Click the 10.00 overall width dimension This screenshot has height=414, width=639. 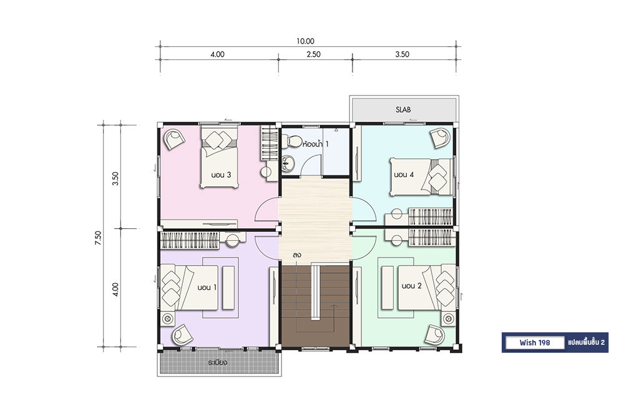[305, 41]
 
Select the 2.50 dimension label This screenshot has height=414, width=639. [313, 54]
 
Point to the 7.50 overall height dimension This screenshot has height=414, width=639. [98, 238]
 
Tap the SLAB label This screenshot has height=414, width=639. [403, 110]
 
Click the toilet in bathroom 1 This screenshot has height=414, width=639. [291, 141]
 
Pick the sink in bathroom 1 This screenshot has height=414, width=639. [287, 163]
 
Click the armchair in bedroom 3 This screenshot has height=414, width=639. [174, 139]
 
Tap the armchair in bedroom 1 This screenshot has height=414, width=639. [182, 335]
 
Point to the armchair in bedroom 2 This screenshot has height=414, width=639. [434, 335]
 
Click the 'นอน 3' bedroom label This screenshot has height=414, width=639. [221, 175]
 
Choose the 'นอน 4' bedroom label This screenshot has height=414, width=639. [404, 175]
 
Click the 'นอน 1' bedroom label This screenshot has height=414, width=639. [207, 287]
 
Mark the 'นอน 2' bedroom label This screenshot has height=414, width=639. [411, 286]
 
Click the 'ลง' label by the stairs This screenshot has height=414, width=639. [296, 255]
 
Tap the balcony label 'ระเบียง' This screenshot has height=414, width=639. [217, 362]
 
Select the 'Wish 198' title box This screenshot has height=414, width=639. [535, 343]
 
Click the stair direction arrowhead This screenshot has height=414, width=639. [334, 307]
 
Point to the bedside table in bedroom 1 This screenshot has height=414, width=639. [167, 319]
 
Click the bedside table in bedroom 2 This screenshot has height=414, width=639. [449, 318]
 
